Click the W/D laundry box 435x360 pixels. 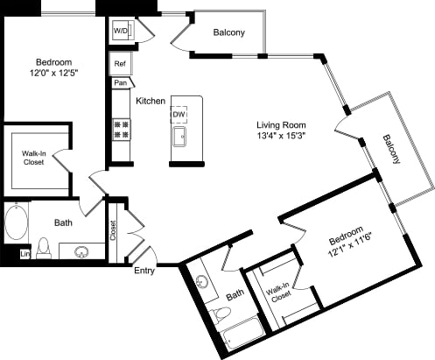tap(120, 32)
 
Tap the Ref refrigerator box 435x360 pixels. tap(120, 64)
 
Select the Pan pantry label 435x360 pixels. tap(119, 83)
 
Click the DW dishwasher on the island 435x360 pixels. tap(179, 115)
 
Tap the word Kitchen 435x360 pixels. tap(151, 102)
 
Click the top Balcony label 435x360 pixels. tap(228, 33)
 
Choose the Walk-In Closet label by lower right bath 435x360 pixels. tap(278, 290)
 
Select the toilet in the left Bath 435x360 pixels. tap(45, 248)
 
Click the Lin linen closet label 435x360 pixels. tap(25, 254)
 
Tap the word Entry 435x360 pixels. tap(144, 271)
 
